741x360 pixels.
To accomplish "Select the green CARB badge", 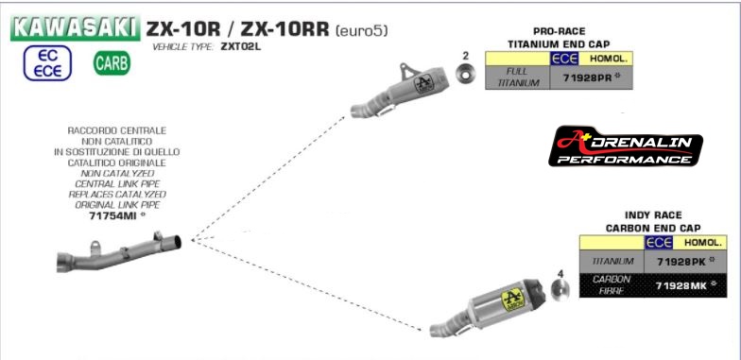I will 112,65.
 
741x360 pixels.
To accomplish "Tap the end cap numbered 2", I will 465,75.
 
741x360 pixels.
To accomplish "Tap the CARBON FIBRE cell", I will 611,283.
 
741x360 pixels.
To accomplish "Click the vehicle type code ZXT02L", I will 242,45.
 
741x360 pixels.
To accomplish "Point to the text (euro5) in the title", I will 362,30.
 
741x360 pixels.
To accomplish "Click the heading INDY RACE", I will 652,215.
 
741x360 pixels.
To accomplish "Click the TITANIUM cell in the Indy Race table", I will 611,259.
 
